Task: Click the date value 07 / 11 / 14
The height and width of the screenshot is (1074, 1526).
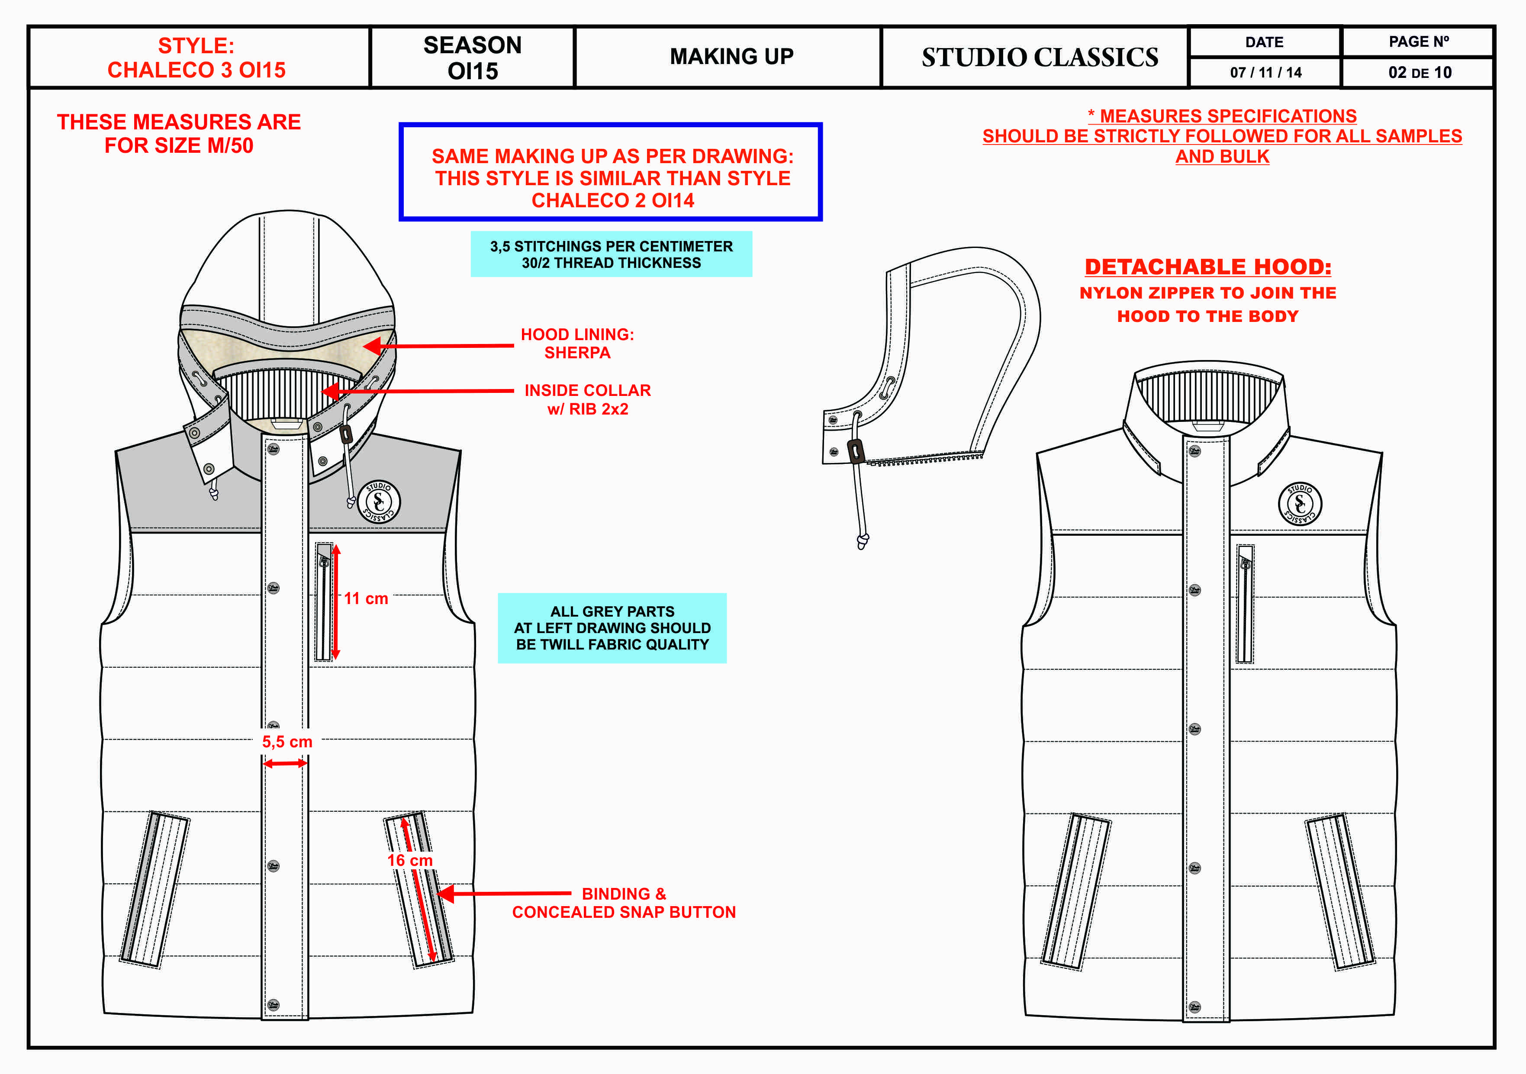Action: click(x=1265, y=72)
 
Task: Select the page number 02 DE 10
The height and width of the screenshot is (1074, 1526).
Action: click(x=1419, y=72)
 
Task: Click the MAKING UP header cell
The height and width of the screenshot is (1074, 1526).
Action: click(x=731, y=57)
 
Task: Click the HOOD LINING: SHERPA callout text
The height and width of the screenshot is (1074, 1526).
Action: click(x=577, y=344)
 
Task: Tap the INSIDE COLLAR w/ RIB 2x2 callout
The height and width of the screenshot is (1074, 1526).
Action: click(x=588, y=399)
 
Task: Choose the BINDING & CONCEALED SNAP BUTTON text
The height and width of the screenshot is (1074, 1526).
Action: click(x=623, y=903)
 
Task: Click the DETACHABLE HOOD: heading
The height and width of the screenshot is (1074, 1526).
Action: click(x=1207, y=267)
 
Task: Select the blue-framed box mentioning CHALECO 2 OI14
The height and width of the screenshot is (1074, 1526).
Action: click(x=611, y=171)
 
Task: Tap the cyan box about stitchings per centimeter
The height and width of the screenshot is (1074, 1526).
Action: click(x=611, y=254)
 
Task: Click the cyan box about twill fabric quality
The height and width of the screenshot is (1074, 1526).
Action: click(x=612, y=628)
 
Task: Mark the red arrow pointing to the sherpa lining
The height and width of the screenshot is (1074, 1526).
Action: click(x=439, y=346)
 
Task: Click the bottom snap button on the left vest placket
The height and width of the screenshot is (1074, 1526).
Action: click(x=273, y=1004)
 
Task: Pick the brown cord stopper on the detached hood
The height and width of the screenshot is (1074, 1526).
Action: click(x=856, y=451)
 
